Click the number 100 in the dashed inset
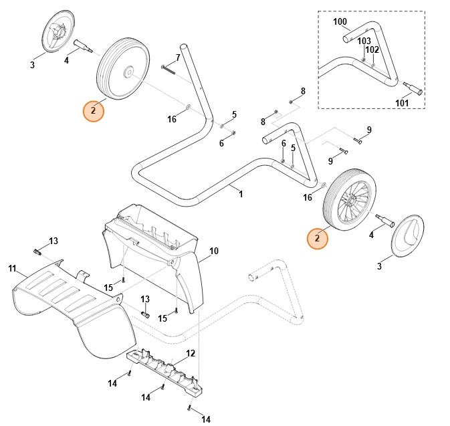[340, 22]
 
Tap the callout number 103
[363, 41]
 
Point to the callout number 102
[372, 49]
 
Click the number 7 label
[179, 57]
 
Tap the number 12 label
[191, 353]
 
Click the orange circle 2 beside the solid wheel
[94, 110]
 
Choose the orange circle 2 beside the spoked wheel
[318, 238]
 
